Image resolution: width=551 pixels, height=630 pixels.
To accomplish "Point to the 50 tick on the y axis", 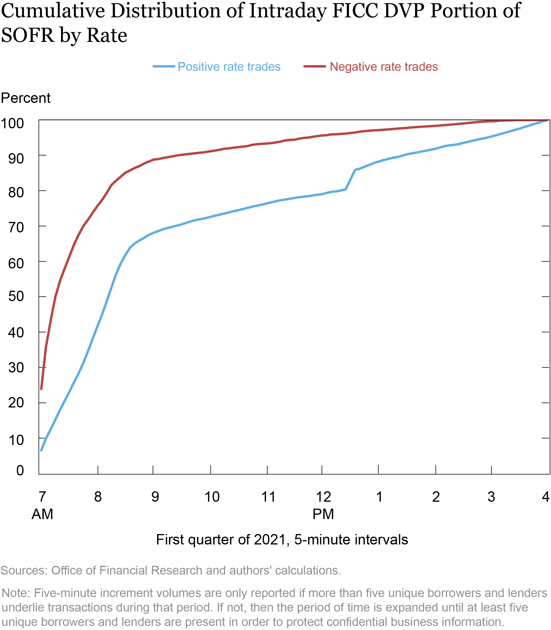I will point(16,297).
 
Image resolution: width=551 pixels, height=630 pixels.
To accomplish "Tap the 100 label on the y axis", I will point(12,123).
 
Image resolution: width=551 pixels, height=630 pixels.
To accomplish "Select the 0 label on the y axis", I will point(20,470).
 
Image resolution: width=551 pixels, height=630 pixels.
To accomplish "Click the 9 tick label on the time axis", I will point(155,497).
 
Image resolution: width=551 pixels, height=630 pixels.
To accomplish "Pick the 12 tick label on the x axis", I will point(323,497).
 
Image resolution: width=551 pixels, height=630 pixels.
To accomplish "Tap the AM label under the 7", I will point(43,514).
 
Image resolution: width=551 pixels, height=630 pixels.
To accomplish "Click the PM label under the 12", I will point(323,514).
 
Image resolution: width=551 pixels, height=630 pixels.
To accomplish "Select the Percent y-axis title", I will point(25,98).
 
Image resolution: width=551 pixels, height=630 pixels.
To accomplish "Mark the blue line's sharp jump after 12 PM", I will point(350,180).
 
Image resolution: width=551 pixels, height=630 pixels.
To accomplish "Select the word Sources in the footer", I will point(24,570).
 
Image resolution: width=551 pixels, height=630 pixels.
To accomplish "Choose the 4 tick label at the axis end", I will point(546,497).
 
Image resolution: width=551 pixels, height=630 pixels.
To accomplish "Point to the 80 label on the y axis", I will point(16,192).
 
